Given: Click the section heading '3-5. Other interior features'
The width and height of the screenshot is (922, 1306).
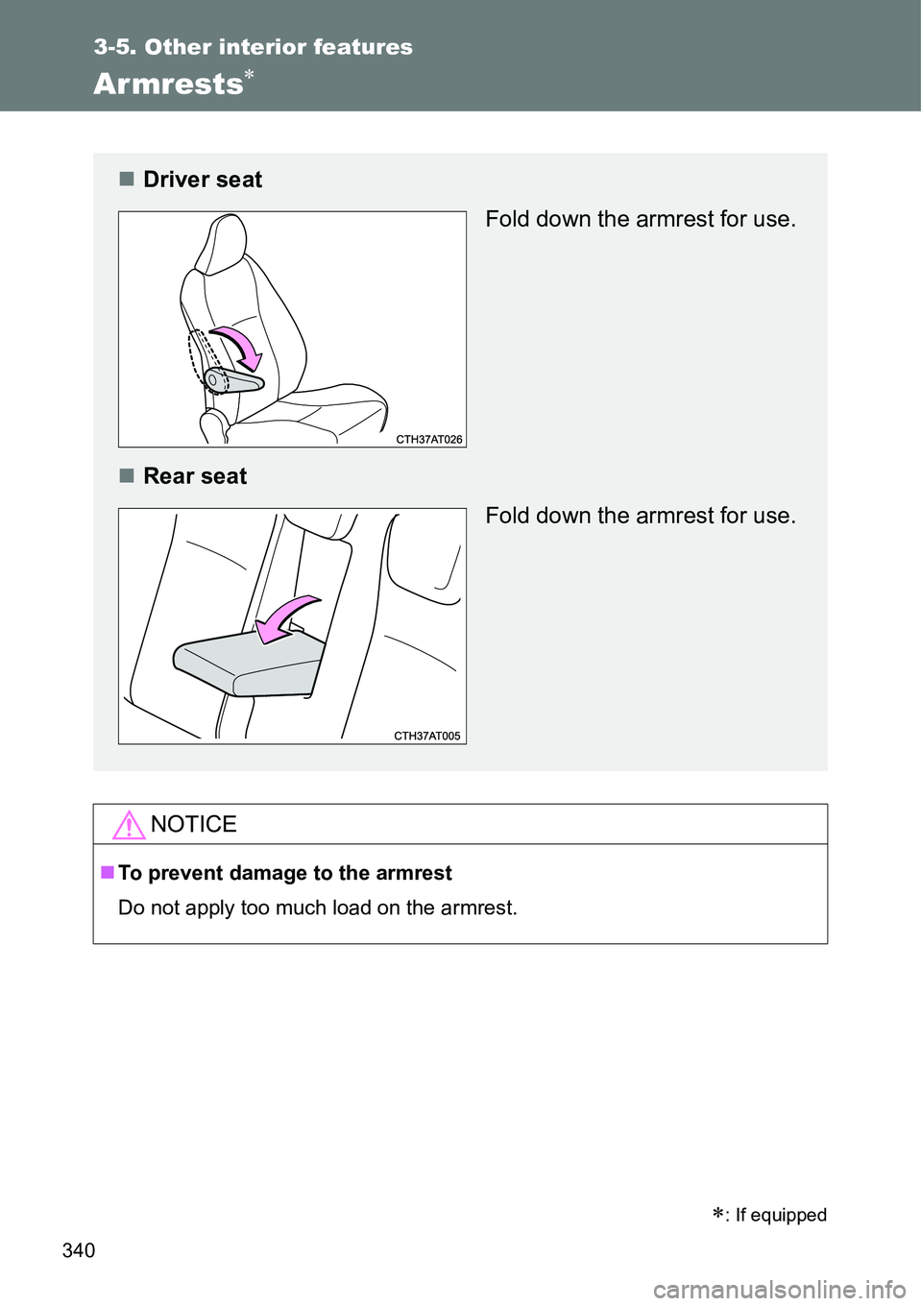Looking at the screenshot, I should (x=254, y=47).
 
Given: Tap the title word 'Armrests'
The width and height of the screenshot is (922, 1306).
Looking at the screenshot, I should (x=168, y=85).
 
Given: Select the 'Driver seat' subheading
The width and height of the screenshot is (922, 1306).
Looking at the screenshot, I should (x=202, y=180).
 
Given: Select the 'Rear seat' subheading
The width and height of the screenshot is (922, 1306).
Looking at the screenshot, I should (x=195, y=476).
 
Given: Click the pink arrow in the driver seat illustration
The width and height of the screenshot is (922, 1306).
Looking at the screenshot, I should (x=240, y=347).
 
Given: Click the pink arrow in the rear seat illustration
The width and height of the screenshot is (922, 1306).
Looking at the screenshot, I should (x=292, y=617).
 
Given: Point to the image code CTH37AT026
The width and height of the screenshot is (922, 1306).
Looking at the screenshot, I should (x=428, y=439).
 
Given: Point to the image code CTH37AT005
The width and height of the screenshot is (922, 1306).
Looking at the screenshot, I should (x=427, y=736).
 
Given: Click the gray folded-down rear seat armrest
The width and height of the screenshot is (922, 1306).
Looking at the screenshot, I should (x=248, y=664).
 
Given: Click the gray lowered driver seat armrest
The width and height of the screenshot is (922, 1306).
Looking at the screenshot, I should (x=234, y=382).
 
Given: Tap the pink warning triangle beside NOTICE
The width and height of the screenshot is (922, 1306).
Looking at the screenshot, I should (x=128, y=825).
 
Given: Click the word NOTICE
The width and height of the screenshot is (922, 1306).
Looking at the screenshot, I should (x=193, y=825).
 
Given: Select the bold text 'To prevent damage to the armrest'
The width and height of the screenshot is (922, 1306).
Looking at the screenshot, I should (x=284, y=873).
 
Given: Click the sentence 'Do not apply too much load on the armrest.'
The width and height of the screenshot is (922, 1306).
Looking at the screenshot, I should (x=317, y=907).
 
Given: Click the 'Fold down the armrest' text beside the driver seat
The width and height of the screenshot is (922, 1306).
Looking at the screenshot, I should (x=640, y=219).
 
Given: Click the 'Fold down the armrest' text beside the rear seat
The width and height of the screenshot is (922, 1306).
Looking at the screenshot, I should (x=640, y=516).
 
